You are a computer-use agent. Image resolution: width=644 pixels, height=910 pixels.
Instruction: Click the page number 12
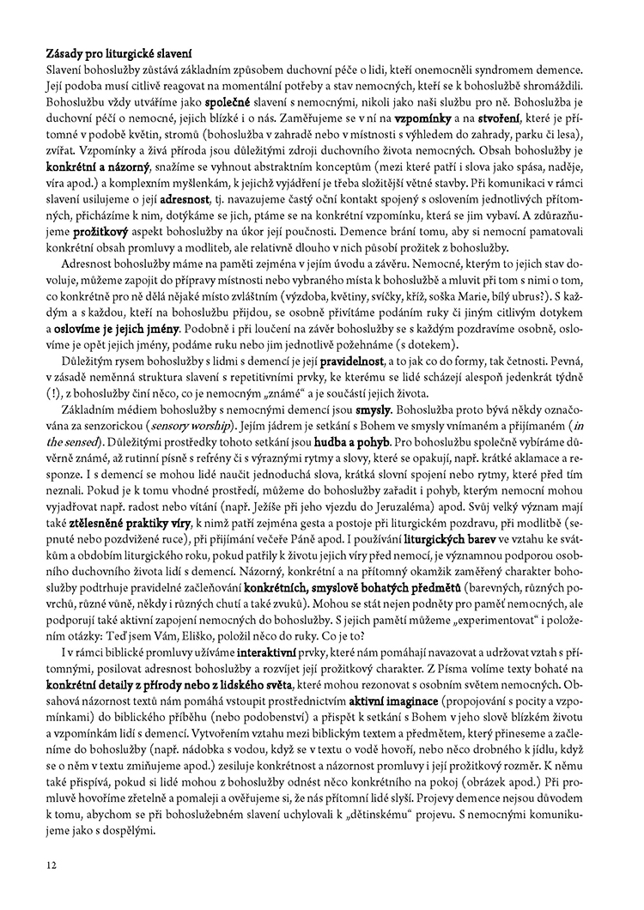pos(53,864)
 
